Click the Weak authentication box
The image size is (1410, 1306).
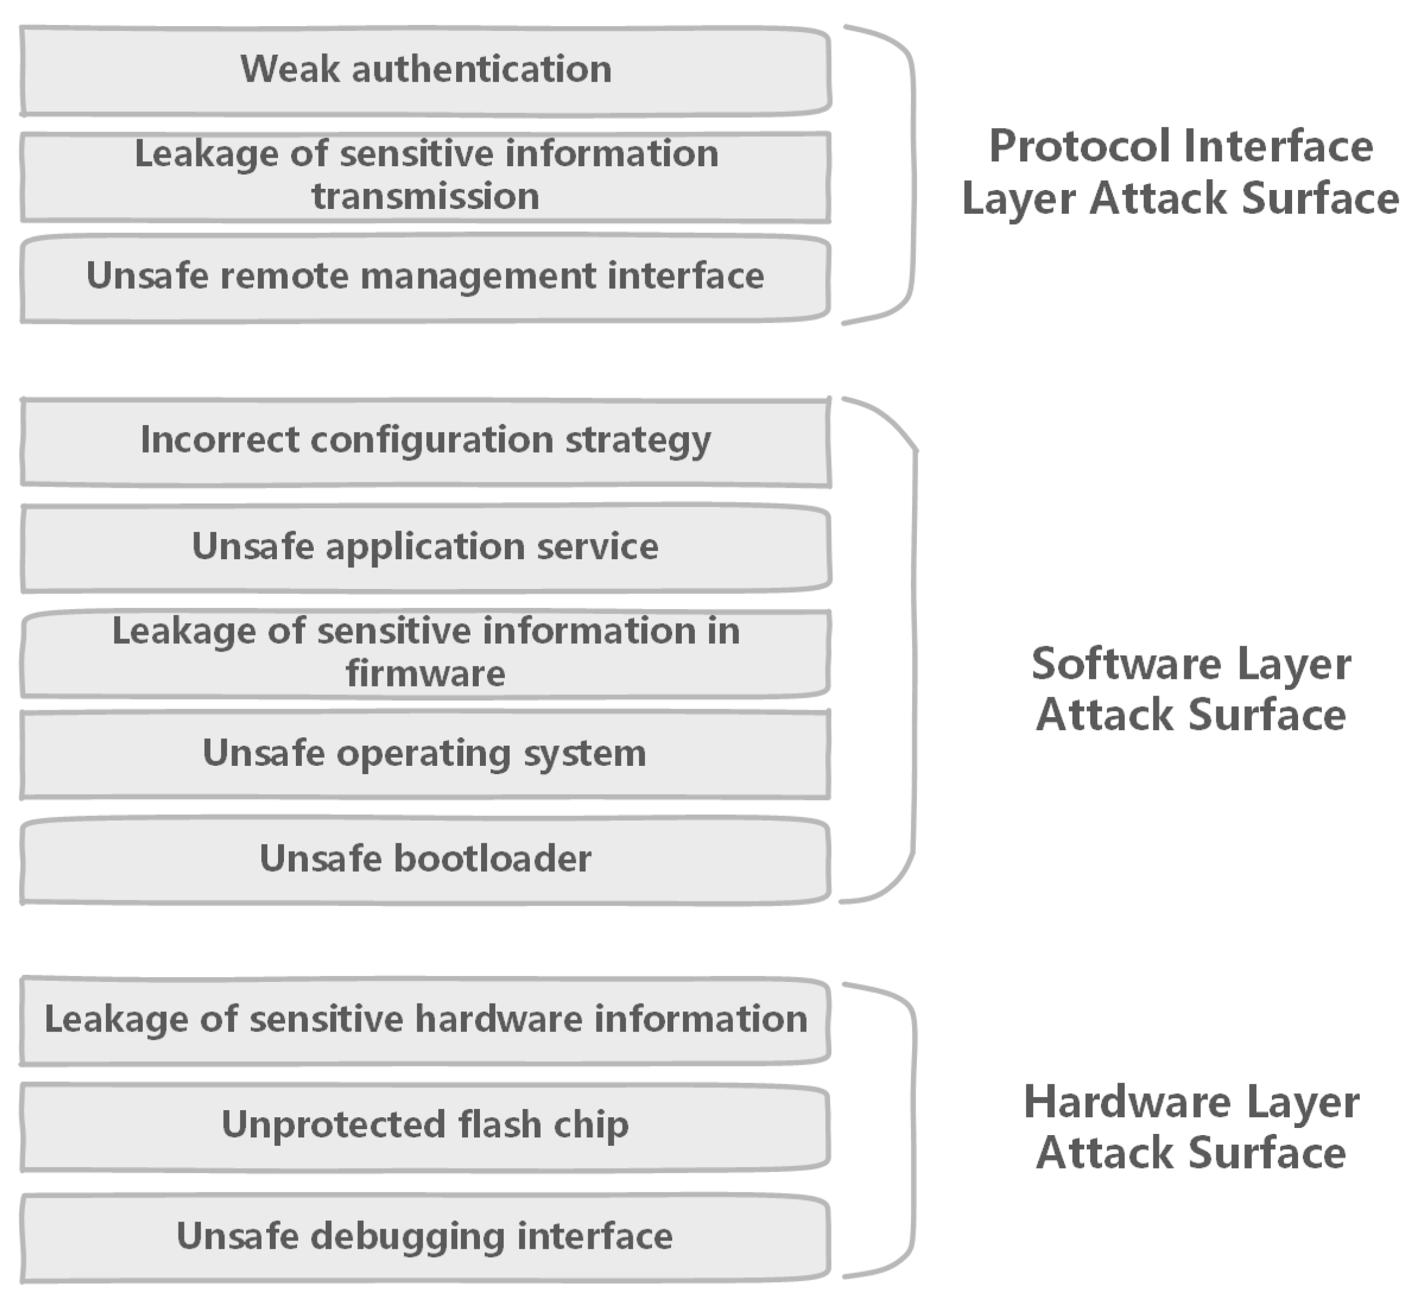pyautogui.click(x=425, y=71)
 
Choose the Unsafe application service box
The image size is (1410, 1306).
pyautogui.click(x=425, y=548)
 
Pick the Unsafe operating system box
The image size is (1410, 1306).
pyautogui.click(x=425, y=753)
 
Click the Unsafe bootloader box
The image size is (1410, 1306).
pyautogui.click(x=425, y=859)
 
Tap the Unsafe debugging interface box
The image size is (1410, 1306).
pyautogui.click(x=425, y=1237)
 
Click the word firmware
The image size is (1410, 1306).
pyautogui.click(x=425, y=674)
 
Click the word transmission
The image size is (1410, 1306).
pyautogui.click(x=425, y=197)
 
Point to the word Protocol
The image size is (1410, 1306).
pyautogui.click(x=1079, y=147)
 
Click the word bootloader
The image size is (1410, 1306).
pyautogui.click(x=492, y=859)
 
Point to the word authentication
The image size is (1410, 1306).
pyautogui.click(x=482, y=70)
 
